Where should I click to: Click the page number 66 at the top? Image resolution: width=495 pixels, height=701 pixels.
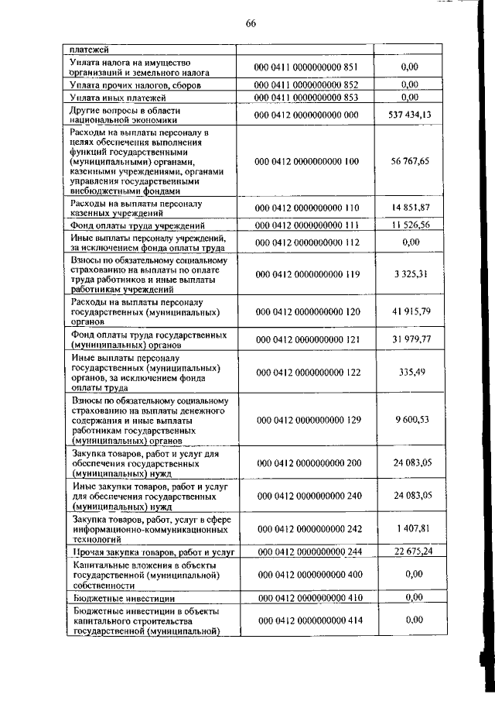(x=251, y=22)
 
